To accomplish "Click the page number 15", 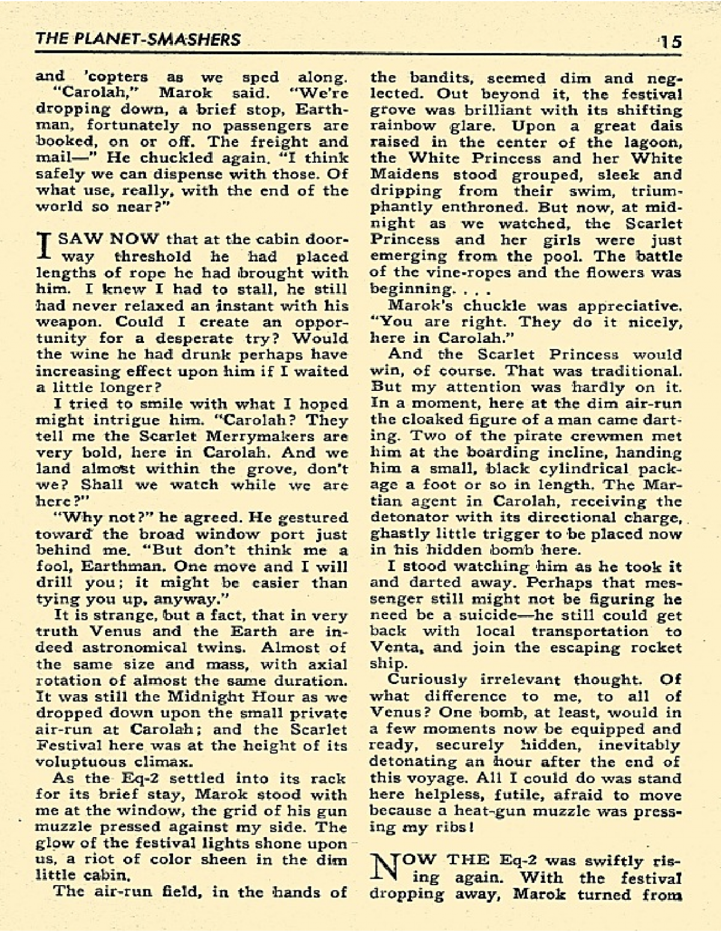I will click(x=669, y=41).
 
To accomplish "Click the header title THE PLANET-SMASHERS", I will click(x=138, y=40).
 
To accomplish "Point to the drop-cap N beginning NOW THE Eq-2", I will click(x=382, y=869).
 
